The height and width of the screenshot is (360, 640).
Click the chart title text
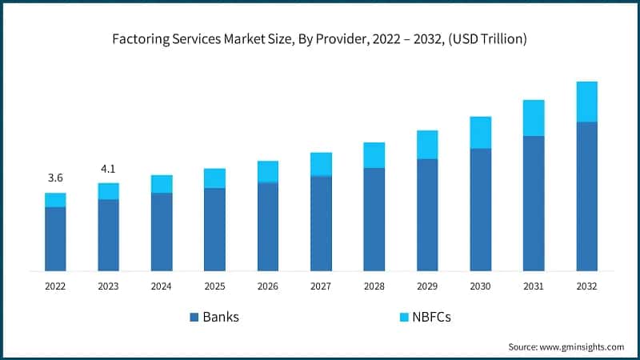(320, 38)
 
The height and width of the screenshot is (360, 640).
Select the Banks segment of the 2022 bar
(55, 238)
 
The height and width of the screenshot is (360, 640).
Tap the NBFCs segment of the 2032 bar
(587, 102)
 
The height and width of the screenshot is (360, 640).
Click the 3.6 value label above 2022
(55, 177)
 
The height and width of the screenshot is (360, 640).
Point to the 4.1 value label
(108, 169)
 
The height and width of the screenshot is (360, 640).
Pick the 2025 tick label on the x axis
(214, 286)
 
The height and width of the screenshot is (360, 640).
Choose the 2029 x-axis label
(427, 286)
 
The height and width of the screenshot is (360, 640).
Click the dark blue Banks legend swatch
(194, 318)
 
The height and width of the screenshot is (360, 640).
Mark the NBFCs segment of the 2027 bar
(321, 164)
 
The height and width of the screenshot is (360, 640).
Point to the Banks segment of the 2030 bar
(481, 209)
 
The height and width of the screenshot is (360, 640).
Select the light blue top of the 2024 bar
(162, 184)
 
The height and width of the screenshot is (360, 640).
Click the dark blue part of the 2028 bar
(374, 218)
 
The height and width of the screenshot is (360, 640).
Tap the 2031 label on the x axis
(534, 286)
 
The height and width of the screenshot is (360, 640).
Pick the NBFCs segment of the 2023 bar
(108, 190)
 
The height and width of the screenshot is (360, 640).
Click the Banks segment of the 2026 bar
(268, 226)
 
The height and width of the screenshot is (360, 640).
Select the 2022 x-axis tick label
(55, 286)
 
